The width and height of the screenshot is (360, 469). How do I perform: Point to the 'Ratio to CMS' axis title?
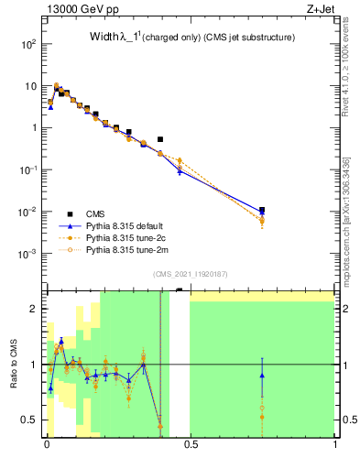tap(15, 365)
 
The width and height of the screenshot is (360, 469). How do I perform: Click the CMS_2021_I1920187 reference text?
tap(190, 274)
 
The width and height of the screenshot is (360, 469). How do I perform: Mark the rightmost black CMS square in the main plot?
tap(262, 210)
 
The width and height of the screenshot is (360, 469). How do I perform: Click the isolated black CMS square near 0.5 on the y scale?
tap(160, 139)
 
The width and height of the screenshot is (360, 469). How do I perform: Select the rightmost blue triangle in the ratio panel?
tap(262, 376)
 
